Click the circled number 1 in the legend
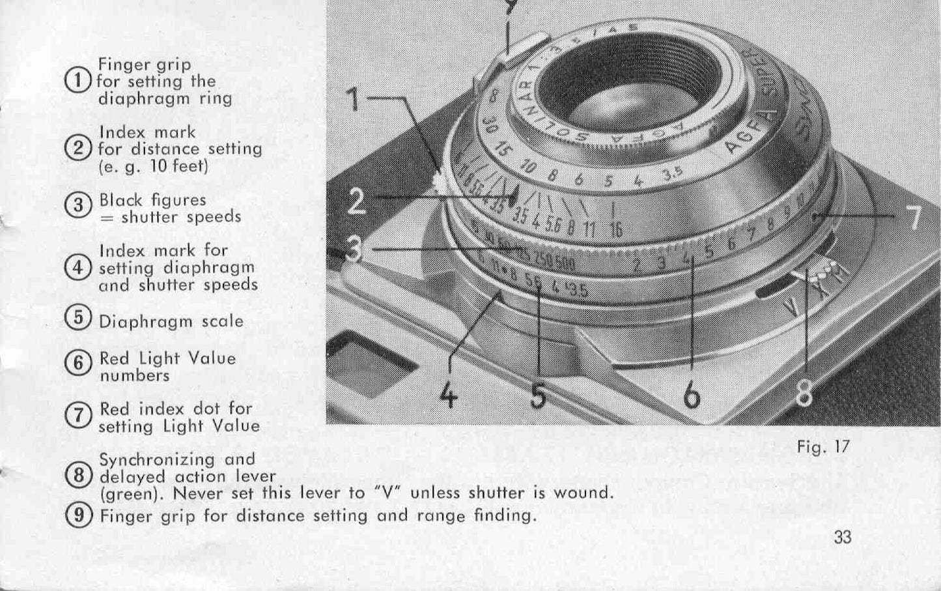pyautogui.click(x=77, y=81)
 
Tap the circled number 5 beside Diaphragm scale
pyautogui.click(x=77, y=318)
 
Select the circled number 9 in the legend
pyautogui.click(x=77, y=515)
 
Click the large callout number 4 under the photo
pyautogui.click(x=448, y=394)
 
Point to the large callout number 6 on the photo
pyautogui.click(x=692, y=394)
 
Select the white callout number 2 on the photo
pyautogui.click(x=357, y=201)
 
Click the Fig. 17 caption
pyautogui.click(x=823, y=447)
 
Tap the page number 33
pyautogui.click(x=841, y=538)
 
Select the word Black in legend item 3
pyautogui.click(x=121, y=200)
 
